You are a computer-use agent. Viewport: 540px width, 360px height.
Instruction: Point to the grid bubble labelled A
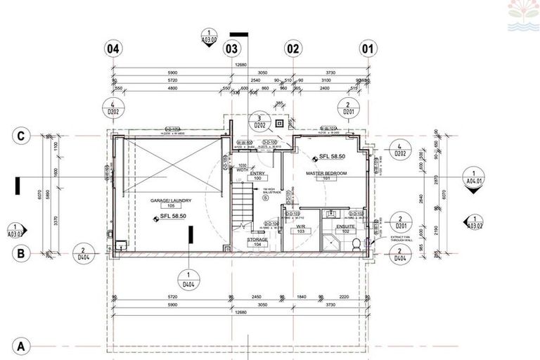pos(22,346)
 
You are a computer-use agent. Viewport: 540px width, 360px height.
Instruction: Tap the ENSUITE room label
pos(345,228)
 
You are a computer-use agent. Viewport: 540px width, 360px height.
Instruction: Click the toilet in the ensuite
pos(357,243)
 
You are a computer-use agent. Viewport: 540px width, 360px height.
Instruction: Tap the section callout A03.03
pos(15,229)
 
